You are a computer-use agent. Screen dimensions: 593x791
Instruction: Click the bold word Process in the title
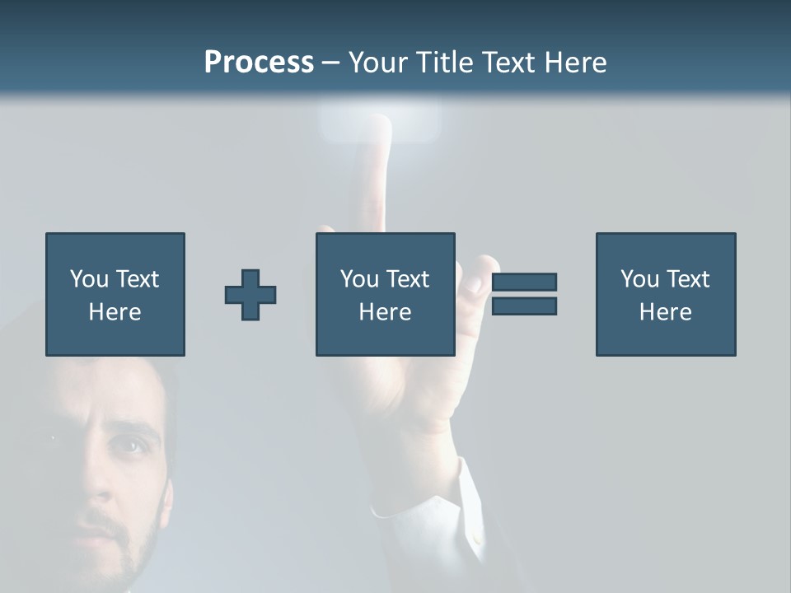(259, 63)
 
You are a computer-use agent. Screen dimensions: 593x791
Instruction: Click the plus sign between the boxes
(250, 295)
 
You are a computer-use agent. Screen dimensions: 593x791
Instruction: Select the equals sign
(524, 294)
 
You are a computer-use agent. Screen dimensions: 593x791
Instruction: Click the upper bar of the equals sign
(524, 282)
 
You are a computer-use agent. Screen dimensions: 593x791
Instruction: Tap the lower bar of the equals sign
(524, 306)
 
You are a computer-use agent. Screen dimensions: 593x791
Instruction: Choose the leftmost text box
(115, 294)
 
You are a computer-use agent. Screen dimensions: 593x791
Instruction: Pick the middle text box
(385, 294)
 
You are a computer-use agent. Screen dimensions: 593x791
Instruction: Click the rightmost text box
(665, 294)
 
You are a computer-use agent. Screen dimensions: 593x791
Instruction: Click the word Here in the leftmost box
(115, 312)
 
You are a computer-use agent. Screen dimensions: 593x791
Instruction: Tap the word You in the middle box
(358, 279)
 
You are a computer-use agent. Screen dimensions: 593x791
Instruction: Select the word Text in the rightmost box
(687, 279)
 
